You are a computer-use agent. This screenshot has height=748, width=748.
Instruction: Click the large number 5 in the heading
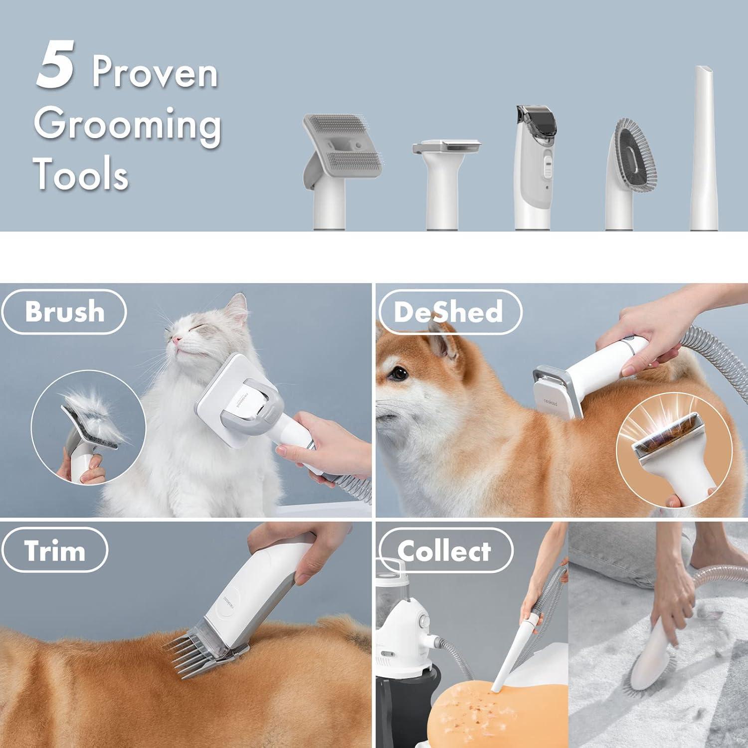pyautogui.click(x=56, y=67)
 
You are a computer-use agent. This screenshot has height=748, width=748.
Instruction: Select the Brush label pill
pyautogui.click(x=64, y=312)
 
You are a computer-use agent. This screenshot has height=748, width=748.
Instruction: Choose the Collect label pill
pyautogui.click(x=444, y=551)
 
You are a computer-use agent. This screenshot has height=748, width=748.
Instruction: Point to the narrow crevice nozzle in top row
pyautogui.click(x=705, y=150)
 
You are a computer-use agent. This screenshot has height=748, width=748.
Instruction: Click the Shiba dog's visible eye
pyautogui.click(x=397, y=372)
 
